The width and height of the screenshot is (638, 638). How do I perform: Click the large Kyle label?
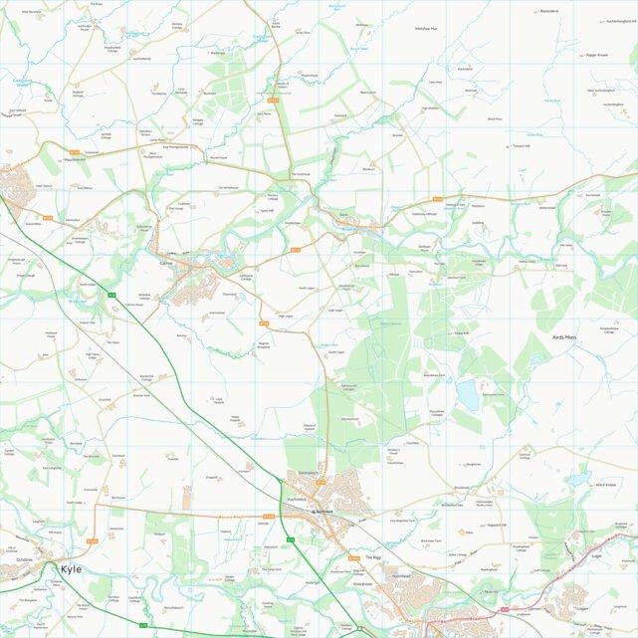72,569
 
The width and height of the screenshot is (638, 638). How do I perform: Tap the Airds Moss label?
564,337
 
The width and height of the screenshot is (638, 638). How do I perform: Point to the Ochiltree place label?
25,559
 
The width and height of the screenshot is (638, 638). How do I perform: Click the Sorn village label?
343,214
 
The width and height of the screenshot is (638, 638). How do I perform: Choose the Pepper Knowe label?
597,55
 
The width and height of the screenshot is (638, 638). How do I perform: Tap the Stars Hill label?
460,333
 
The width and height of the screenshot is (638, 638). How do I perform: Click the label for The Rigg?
372,557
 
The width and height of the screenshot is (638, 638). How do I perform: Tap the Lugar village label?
597,557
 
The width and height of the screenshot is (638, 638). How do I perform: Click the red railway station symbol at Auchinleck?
315,511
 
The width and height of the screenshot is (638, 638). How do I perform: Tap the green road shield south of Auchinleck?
290,538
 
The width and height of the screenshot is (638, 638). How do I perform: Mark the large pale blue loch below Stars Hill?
467,395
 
